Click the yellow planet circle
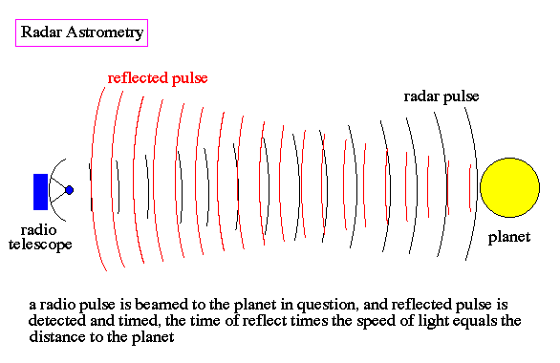(x=509, y=187)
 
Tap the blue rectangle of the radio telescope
(x=40, y=192)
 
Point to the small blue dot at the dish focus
(x=70, y=190)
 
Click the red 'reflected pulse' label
(x=158, y=78)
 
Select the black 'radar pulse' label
(x=442, y=96)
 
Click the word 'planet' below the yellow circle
(x=509, y=237)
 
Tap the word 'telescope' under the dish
(x=40, y=246)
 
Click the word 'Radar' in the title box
(x=41, y=32)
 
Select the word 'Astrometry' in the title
(x=105, y=32)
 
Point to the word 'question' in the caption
(x=326, y=305)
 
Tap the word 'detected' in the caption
(x=57, y=321)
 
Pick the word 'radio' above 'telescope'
(x=38, y=230)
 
